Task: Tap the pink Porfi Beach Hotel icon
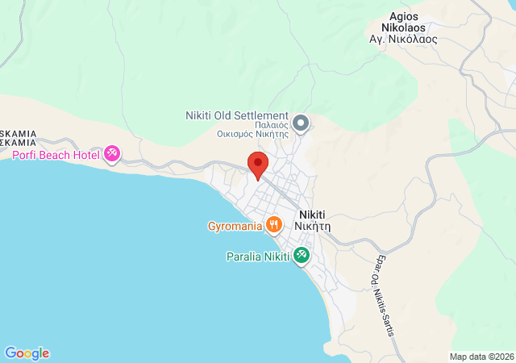[112, 153]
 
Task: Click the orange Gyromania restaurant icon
[274, 225]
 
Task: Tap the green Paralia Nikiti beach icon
[302, 257]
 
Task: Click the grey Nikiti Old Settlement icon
[301, 123]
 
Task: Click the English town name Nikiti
[314, 215]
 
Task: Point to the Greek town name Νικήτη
[314, 227]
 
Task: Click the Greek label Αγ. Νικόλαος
[403, 38]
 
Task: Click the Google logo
[27, 353]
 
